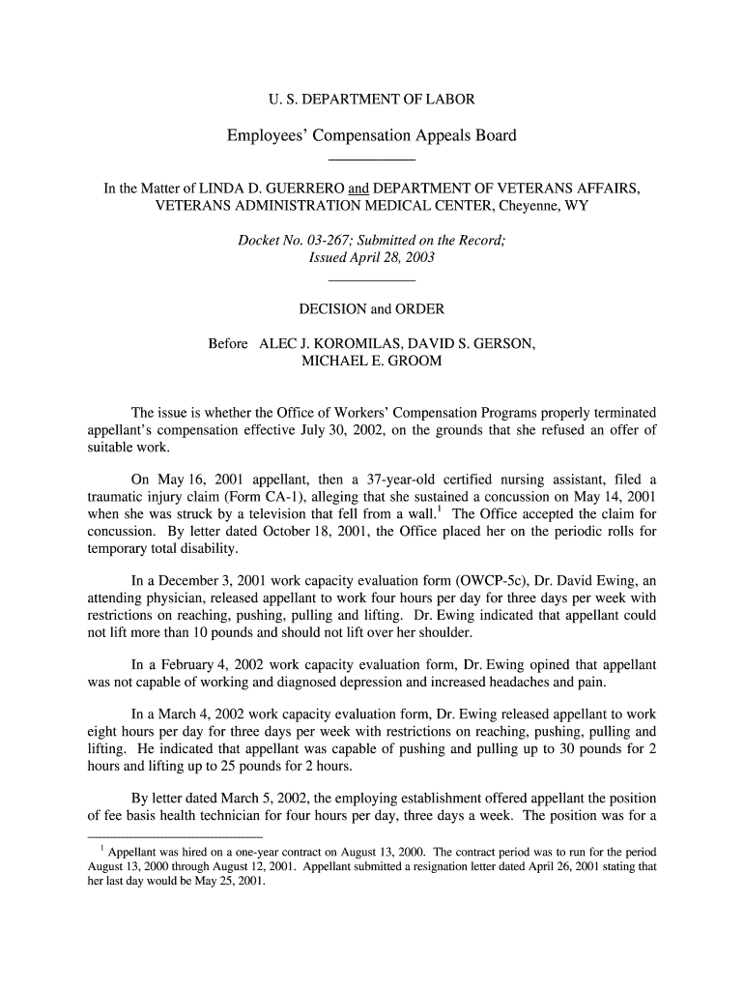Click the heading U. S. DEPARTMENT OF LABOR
tap(371, 100)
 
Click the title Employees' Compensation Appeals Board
tap(371, 135)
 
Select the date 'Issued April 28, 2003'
tap(371, 258)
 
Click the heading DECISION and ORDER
tap(371, 309)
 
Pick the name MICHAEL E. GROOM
tap(371, 361)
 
